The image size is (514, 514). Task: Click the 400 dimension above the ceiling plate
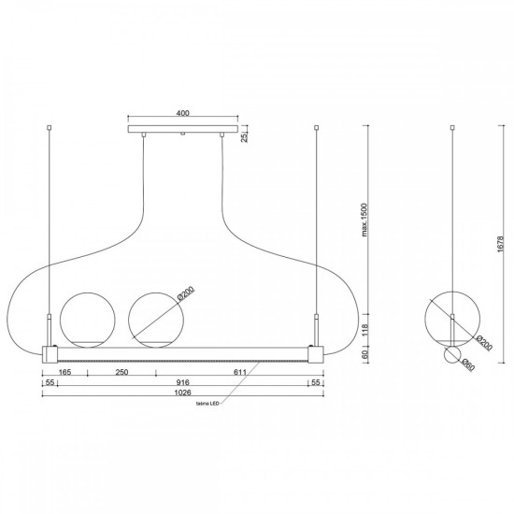[x=182, y=113]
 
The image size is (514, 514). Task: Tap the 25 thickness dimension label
[x=245, y=137]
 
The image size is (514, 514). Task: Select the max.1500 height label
[x=364, y=220]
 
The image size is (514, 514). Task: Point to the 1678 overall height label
[x=500, y=244]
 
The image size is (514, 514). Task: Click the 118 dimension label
[x=365, y=330]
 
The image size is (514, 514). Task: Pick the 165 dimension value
[x=64, y=372]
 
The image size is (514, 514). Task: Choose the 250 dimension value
[x=121, y=372]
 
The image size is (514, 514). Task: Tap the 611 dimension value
[x=240, y=372]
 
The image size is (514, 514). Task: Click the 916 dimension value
[x=182, y=382]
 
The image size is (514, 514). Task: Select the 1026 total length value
[x=182, y=393]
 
